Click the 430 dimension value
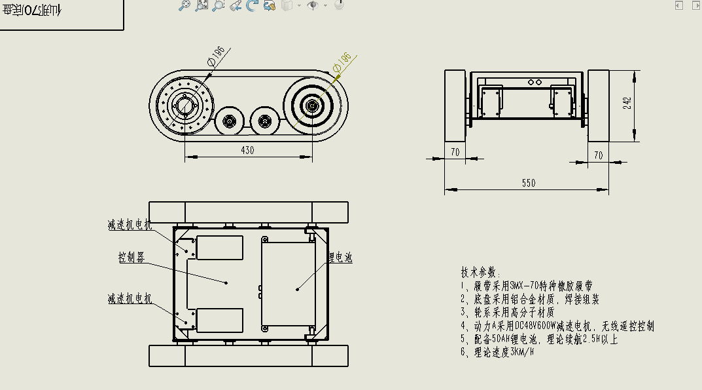[247, 150]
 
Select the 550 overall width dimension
[528, 184]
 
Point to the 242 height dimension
[627, 104]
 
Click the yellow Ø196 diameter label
[342, 62]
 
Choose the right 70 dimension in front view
[597, 155]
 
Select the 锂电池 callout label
[340, 258]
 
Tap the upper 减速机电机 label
[130, 225]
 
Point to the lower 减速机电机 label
[130, 299]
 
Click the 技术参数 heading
[480, 272]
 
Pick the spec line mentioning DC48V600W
[557, 326]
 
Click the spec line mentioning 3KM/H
[497, 352]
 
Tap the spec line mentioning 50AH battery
[539, 339]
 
